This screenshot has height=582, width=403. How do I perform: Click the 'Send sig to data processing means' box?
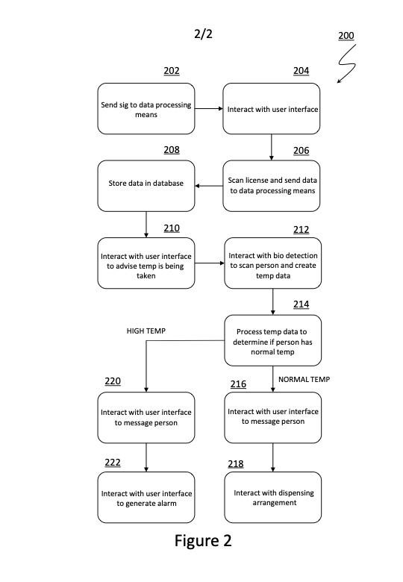[x=146, y=109]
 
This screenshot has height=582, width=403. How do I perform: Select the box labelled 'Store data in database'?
[x=146, y=186]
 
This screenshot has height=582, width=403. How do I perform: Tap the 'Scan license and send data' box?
[x=271, y=186]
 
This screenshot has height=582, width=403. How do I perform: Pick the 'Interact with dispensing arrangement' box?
[x=272, y=498]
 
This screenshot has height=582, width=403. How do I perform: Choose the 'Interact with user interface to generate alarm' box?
[x=146, y=498]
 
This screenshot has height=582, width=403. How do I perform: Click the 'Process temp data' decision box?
[x=272, y=340]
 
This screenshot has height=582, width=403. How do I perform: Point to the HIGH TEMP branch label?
[x=146, y=331]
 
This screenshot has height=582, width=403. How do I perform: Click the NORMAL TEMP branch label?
[x=304, y=379]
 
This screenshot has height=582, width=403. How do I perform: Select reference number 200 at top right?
[x=346, y=36]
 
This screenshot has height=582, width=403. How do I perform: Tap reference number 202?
[x=172, y=71]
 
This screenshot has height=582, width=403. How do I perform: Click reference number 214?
[x=301, y=304]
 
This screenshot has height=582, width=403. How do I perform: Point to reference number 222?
[x=113, y=463]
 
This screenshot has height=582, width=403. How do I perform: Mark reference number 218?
[x=236, y=464]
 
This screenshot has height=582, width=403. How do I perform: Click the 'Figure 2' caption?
[x=203, y=541]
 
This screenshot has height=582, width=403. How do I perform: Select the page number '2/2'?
[x=203, y=34]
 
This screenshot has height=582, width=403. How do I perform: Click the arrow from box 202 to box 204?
[x=209, y=109]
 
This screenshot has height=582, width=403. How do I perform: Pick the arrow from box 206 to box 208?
[x=209, y=186]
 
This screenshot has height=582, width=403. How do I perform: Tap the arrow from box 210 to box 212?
[x=210, y=263]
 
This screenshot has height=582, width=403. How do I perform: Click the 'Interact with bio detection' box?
[x=272, y=263]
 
